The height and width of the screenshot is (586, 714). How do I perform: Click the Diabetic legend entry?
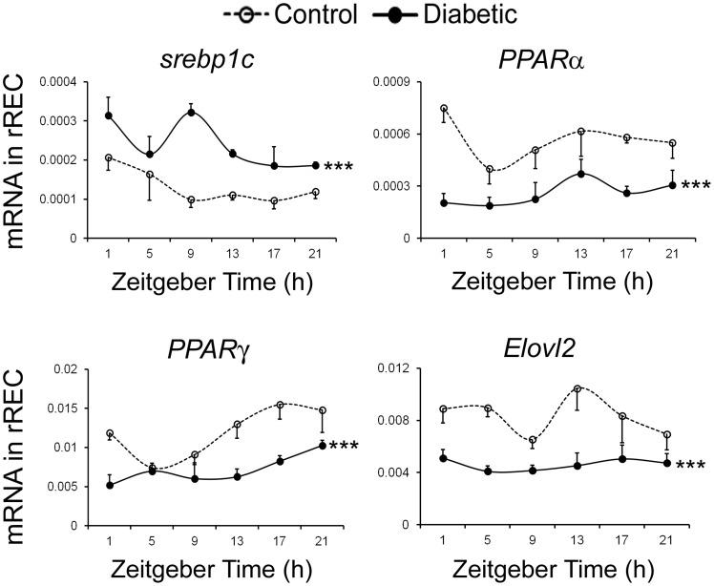(442, 15)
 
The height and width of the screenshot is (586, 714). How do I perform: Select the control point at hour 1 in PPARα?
(444, 108)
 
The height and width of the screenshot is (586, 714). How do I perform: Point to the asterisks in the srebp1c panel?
(339, 169)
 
